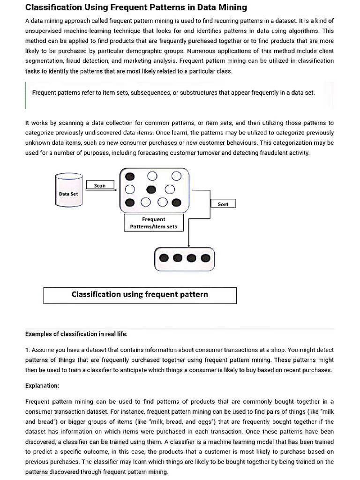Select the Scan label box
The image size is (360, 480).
point(100,186)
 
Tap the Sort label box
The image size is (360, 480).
point(223,204)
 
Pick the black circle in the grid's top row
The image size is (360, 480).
point(130,176)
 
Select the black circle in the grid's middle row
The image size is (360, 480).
point(151,189)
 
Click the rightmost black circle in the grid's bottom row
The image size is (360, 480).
point(176,202)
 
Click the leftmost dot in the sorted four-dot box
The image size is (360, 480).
point(164,258)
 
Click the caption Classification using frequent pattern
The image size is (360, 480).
point(140,295)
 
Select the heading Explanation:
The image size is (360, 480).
point(42,386)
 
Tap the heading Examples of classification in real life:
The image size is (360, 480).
point(76,334)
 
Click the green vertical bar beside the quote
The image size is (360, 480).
point(26,96)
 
